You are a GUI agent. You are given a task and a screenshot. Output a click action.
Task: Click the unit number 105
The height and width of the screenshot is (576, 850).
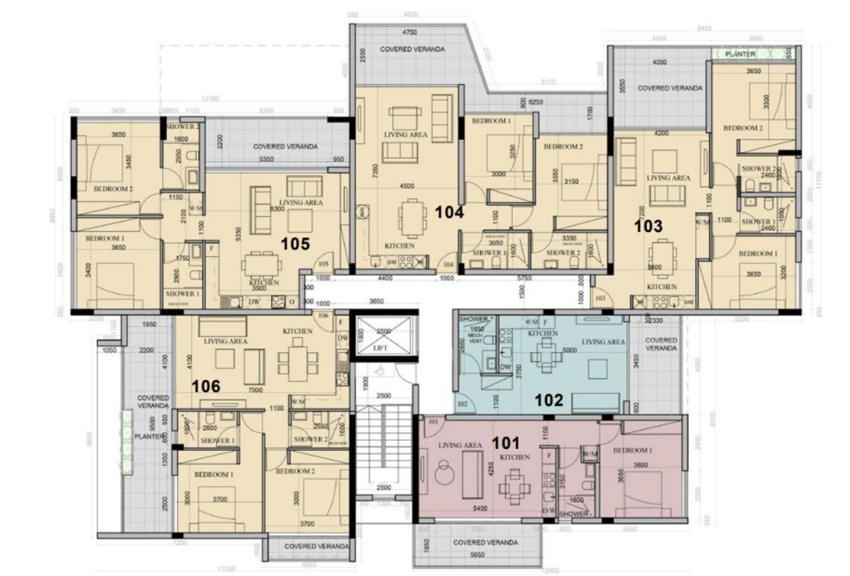click(x=296, y=243)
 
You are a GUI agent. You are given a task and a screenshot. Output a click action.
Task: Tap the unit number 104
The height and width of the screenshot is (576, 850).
click(x=449, y=212)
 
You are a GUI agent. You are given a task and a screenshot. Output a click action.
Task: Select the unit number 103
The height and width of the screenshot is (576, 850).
click(x=648, y=226)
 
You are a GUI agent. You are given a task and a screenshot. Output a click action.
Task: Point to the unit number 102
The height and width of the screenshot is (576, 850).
click(x=548, y=400)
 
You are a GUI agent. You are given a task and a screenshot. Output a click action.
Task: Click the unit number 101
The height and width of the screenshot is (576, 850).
click(x=505, y=443)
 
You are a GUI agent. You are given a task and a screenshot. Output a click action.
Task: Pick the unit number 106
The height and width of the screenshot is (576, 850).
click(x=206, y=386)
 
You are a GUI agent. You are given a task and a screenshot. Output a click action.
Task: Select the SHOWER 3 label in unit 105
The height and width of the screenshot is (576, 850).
click(x=183, y=126)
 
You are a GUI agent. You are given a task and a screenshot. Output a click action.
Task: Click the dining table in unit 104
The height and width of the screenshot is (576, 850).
click(x=412, y=217)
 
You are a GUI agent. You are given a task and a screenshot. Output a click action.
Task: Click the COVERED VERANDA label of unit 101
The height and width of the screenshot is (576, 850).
click(x=486, y=542)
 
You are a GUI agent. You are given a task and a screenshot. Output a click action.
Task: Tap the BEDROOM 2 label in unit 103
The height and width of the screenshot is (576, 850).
click(x=742, y=128)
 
